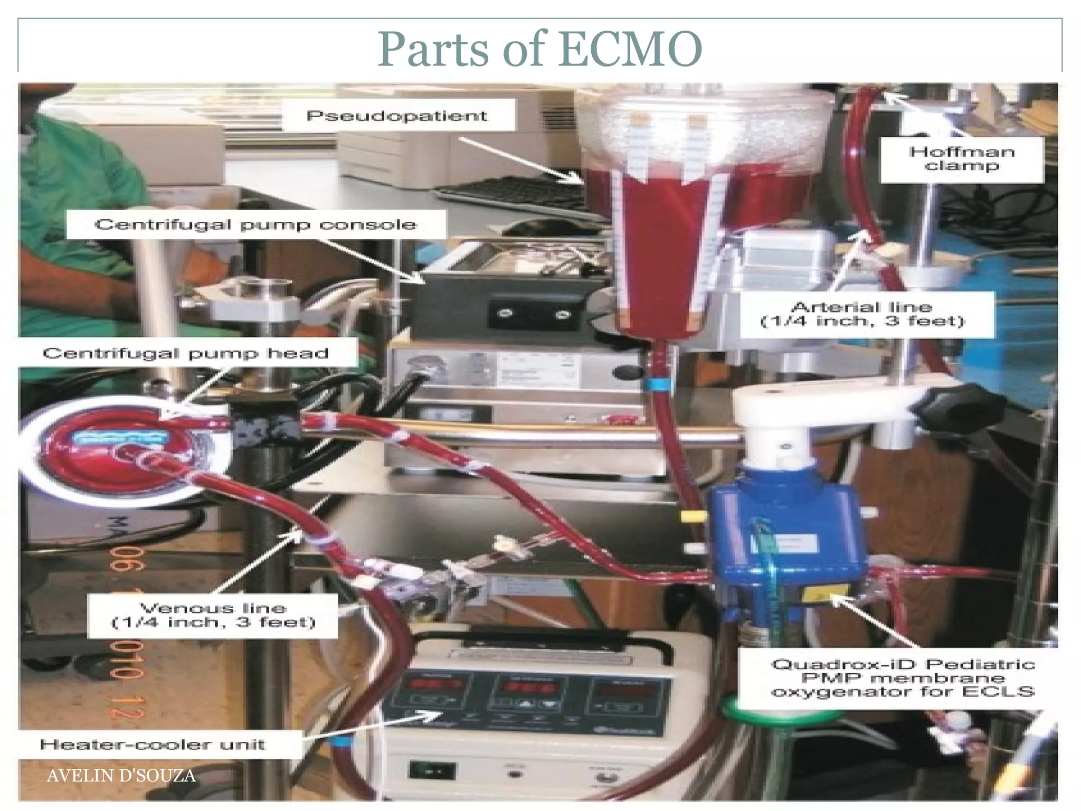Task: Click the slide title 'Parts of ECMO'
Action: (x=539, y=49)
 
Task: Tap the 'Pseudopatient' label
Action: (x=397, y=116)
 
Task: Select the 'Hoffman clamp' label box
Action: (x=962, y=158)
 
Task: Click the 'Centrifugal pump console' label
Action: (x=256, y=225)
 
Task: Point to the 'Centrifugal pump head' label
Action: (x=186, y=353)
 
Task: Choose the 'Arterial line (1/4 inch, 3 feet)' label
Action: (x=862, y=314)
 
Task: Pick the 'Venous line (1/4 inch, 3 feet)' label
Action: (x=213, y=616)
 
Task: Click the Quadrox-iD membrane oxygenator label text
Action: (x=903, y=677)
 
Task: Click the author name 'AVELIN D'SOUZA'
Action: (x=121, y=776)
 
